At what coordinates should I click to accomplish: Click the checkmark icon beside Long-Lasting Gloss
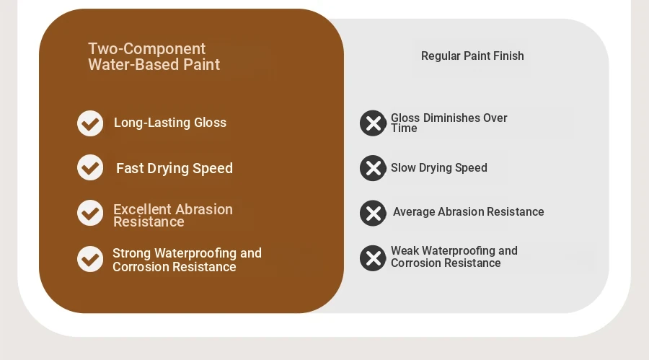(90, 123)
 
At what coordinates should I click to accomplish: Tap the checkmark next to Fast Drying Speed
(90, 167)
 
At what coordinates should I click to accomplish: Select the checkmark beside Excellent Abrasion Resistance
(90, 213)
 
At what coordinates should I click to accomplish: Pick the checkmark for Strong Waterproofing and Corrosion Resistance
(90, 259)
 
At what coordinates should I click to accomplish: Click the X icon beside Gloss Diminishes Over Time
(373, 123)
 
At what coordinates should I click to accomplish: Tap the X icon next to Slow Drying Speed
(373, 168)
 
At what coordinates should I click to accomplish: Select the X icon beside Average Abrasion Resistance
(373, 214)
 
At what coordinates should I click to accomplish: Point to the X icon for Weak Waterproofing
(373, 258)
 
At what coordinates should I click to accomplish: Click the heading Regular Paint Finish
(472, 56)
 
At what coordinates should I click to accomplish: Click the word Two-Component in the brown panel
(147, 49)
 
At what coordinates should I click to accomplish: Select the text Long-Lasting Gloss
(170, 123)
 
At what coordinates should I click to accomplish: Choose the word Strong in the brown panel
(131, 253)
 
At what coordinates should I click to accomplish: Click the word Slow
(403, 168)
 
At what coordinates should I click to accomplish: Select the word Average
(413, 211)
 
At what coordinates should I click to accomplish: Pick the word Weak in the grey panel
(405, 250)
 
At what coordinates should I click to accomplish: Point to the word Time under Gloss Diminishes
(404, 128)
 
